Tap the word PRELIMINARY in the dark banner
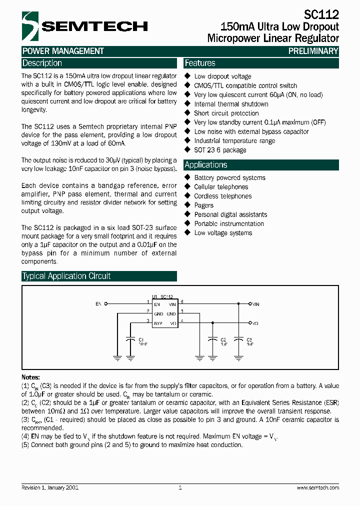313,51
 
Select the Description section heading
42,63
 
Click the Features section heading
200,63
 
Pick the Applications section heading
206,165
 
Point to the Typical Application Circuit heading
66,276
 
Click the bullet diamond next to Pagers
188,205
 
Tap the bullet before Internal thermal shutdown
188,104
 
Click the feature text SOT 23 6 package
220,150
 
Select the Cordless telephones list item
222,196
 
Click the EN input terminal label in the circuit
98,303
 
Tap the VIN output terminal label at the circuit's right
255,303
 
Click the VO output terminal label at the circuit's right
255,323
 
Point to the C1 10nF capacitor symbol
130,339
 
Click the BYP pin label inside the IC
157,323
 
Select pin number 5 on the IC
182,311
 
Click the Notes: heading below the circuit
30,377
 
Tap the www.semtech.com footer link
317,487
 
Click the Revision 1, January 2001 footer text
50,487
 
